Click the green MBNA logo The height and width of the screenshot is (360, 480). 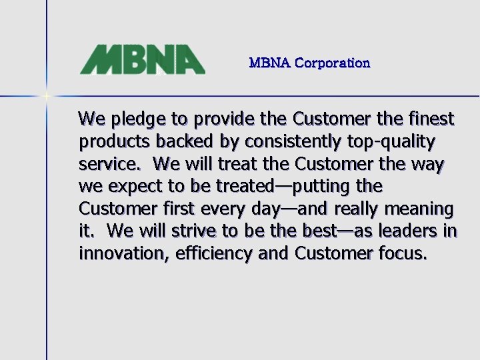[142, 59]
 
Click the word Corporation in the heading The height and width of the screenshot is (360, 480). [332, 63]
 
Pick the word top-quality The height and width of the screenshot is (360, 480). [397, 143]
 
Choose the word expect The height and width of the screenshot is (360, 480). [136, 187]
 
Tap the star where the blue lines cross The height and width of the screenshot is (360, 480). [47, 96]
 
